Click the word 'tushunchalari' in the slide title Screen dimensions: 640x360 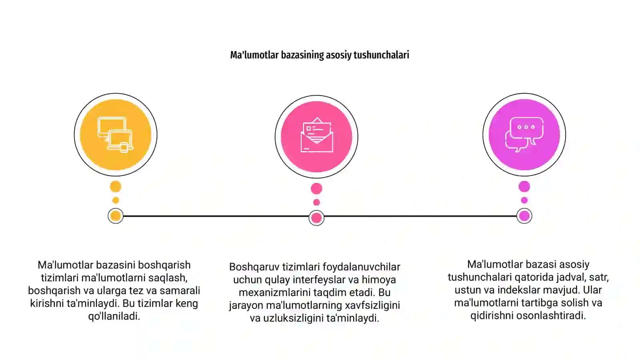pos(382,55)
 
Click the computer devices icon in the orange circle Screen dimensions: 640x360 pos(116,135)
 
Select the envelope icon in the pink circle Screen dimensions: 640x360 pos(316,135)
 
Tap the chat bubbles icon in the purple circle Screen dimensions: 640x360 pos(524,134)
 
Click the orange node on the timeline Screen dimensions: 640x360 pos(116,216)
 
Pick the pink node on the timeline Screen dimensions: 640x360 pos(316,218)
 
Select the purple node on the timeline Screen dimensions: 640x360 pos(524,216)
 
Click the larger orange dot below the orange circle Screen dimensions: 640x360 pos(116,186)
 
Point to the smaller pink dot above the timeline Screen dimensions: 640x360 pos(316,202)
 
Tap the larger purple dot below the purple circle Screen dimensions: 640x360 pos(524,186)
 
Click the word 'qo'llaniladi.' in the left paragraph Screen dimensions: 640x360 pos(114,316)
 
